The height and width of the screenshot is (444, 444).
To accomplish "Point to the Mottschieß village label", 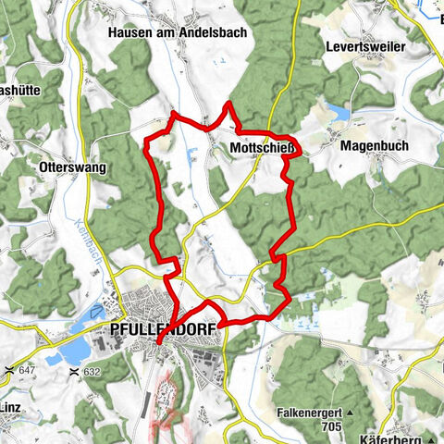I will (263, 147).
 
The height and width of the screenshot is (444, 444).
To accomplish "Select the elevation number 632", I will (92, 371).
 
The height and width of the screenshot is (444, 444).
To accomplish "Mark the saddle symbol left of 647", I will (9, 370).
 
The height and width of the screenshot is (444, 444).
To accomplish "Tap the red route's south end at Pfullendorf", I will (158, 342).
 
